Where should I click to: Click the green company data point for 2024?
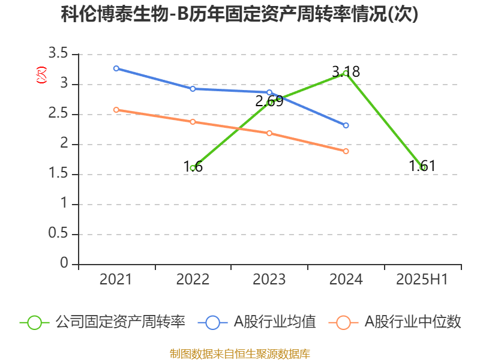(346, 73)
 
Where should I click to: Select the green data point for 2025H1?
(423, 167)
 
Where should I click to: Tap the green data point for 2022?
(193, 168)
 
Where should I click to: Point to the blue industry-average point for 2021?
(116, 68)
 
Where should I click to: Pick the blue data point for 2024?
(346, 125)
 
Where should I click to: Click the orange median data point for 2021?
(116, 110)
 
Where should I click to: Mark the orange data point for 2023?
(269, 133)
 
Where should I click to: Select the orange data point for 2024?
(346, 151)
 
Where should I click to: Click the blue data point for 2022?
(193, 89)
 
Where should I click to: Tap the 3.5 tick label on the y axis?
(58, 54)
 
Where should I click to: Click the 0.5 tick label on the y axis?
(58, 234)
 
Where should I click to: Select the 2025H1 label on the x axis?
(423, 280)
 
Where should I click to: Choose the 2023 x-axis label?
(269, 280)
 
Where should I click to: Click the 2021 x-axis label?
(116, 280)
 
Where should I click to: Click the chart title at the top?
(239, 14)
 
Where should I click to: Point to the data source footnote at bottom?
(239, 353)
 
